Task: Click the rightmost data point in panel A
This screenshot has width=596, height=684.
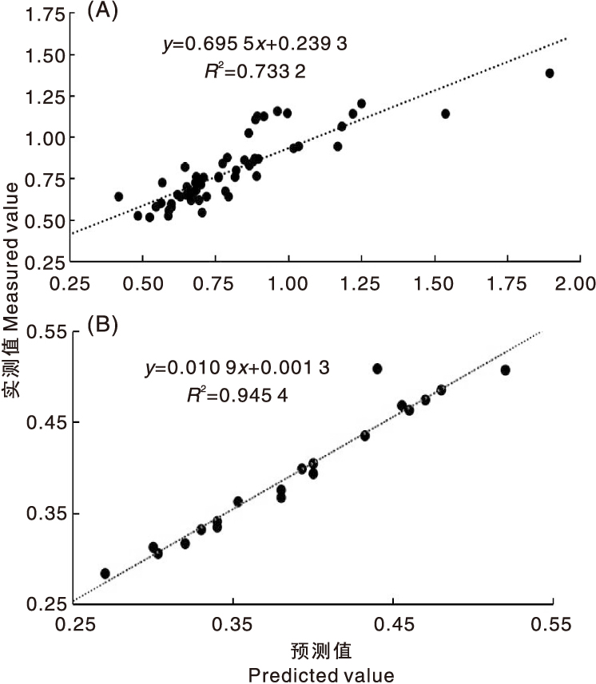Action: (x=549, y=73)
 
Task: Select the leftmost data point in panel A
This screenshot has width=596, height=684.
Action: (x=119, y=196)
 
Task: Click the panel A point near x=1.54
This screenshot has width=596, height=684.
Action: (x=445, y=113)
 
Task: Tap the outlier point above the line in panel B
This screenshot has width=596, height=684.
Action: (x=377, y=369)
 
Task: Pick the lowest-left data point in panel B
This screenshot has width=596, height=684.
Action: (x=105, y=573)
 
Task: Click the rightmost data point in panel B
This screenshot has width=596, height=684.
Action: (x=505, y=370)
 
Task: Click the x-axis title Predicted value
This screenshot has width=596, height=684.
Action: (x=321, y=675)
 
